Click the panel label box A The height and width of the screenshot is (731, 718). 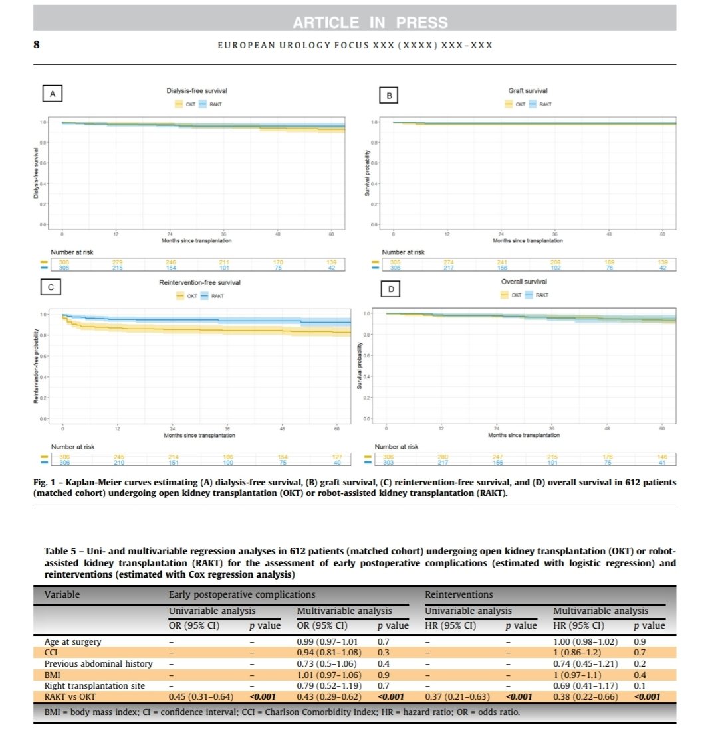[53, 95]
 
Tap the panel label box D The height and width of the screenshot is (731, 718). [390, 290]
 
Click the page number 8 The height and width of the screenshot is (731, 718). [38, 44]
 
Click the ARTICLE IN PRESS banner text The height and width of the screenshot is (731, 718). [370, 23]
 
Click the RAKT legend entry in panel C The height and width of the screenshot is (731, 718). [211, 296]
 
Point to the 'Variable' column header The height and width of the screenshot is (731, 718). [62, 594]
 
